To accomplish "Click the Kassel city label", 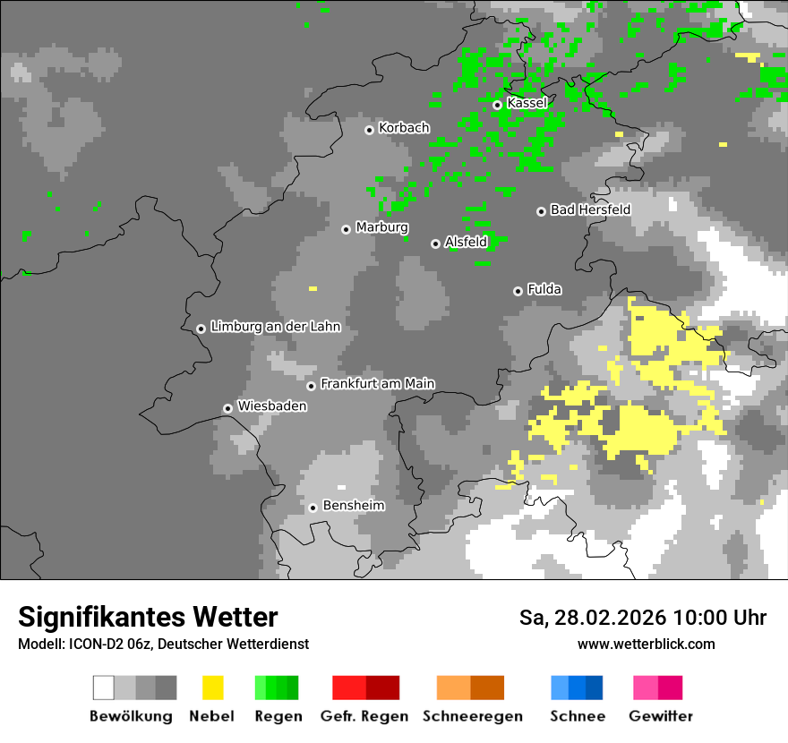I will click(527, 103).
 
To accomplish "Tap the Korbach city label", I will click(404, 128).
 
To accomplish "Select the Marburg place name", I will click(381, 227).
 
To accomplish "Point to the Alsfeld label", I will click(466, 242).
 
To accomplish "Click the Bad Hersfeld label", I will click(590, 209).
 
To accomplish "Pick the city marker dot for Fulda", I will click(518, 291).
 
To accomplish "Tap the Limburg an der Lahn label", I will click(275, 327).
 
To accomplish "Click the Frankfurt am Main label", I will click(377, 383).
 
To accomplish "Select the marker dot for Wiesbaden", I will click(228, 408).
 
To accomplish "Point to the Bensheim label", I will click(353, 506).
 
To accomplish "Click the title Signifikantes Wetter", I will click(148, 617).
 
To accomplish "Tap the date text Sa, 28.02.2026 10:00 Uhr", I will click(642, 618).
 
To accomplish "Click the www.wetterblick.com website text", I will click(646, 644).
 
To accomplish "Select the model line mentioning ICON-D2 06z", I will click(163, 644).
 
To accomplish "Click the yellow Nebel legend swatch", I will click(212, 687).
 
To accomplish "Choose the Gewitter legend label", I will click(660, 716).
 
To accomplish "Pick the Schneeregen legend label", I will click(472, 716).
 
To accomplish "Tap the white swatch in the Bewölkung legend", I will click(104, 687).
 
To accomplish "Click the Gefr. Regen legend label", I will click(364, 716).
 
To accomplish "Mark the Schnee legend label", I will click(578, 716).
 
